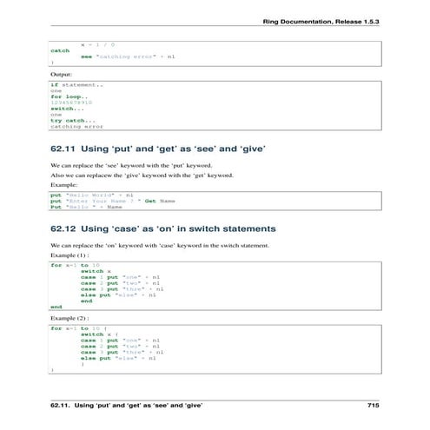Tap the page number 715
(x=374, y=406)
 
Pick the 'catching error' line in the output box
(x=76, y=126)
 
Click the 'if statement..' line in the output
(x=76, y=84)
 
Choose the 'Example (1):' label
(x=69, y=256)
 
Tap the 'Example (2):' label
(x=69, y=320)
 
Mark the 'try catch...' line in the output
(x=73, y=120)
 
